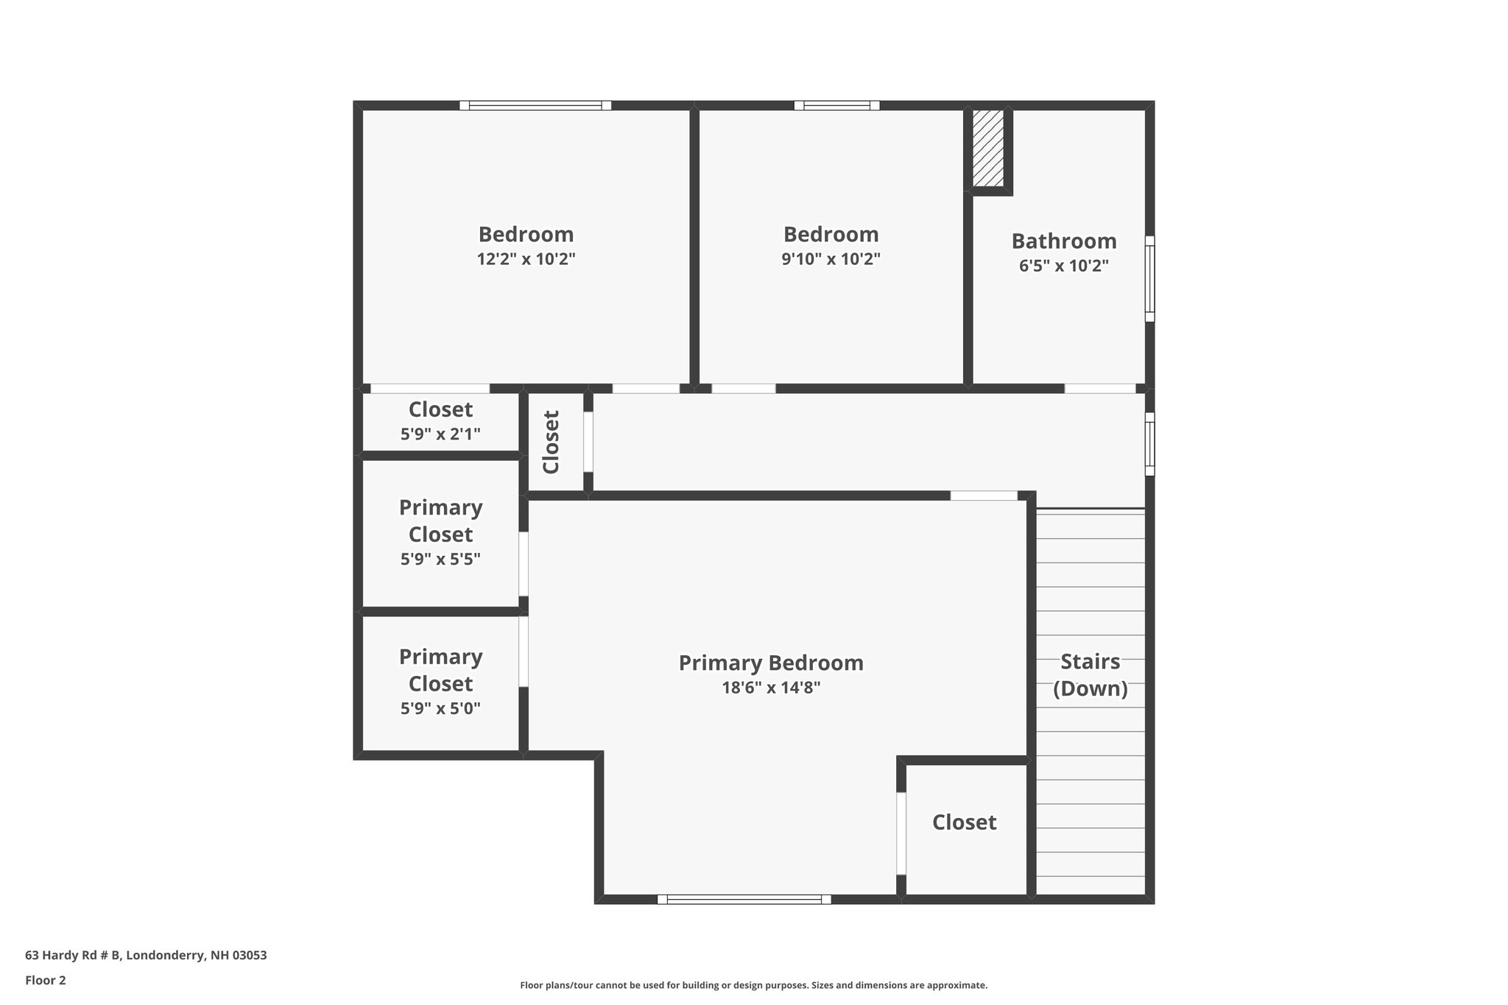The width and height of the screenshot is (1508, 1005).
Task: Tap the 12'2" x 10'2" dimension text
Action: [526, 259]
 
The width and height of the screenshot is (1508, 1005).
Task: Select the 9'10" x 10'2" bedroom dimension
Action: [831, 259]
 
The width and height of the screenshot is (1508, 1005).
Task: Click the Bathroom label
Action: [1063, 241]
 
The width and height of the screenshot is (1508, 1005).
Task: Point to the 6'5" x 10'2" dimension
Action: [1063, 266]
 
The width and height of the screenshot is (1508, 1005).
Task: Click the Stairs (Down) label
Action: [1090, 674]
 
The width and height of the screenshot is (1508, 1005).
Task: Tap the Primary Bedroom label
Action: [770, 663]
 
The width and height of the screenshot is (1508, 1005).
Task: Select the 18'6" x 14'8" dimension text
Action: [770, 688]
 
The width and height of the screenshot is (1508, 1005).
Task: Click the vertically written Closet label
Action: [552, 442]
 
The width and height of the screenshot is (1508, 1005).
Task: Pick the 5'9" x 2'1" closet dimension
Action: [440, 434]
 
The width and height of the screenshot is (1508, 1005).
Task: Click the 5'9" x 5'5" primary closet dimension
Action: [440, 560]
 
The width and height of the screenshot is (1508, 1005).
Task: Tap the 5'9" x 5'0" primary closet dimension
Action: [440, 709]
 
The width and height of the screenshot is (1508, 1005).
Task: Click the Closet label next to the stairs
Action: [964, 822]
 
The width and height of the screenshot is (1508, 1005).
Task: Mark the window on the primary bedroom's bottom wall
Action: [744, 899]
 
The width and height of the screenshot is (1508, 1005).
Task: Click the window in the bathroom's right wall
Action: [1149, 278]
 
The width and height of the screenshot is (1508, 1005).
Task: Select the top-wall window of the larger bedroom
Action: [535, 105]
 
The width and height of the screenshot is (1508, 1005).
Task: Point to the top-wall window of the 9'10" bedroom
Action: [836, 105]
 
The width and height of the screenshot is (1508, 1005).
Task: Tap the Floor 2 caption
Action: [46, 980]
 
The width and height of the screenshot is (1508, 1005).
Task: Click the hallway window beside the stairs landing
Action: [1149, 443]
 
